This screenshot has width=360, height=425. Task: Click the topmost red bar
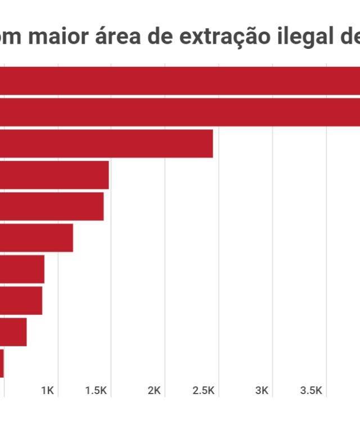tap(180, 81)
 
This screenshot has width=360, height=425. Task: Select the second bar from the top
tap(180, 112)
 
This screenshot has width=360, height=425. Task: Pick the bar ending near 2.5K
tap(106, 143)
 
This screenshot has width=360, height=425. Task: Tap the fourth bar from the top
tap(54, 175)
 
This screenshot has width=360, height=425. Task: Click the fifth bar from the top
tap(52, 206)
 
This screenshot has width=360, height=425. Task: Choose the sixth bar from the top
tap(37, 238)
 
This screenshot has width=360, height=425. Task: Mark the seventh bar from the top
tap(22, 269)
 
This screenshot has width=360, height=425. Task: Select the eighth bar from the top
tap(21, 301)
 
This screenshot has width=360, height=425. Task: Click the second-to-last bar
tap(13, 332)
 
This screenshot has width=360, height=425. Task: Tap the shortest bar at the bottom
tap(2, 364)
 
